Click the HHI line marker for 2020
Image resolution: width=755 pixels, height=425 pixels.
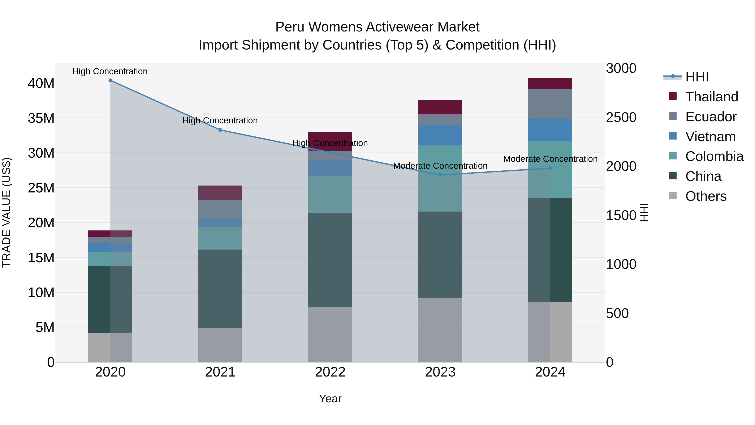[x=110, y=80]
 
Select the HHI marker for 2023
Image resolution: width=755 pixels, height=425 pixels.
[x=440, y=175]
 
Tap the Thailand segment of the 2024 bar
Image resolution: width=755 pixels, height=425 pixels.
[x=550, y=84]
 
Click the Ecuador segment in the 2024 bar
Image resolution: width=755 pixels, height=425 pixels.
[x=550, y=104]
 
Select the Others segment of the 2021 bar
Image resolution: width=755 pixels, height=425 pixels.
[x=220, y=345]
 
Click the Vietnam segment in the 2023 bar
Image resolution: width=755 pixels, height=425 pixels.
[x=440, y=135]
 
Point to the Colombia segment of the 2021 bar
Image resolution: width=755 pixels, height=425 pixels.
[x=220, y=238]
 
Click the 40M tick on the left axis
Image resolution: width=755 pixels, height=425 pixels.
[x=41, y=84]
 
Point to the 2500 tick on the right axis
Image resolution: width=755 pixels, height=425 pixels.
[x=621, y=117]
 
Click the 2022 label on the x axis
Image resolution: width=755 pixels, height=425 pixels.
[x=330, y=372]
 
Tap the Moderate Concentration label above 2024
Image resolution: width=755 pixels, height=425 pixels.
[x=550, y=159]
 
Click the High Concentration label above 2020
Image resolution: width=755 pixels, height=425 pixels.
[x=110, y=71]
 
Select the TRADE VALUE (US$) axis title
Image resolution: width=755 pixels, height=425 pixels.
[x=7, y=212]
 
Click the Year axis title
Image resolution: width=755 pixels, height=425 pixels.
[x=330, y=399]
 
